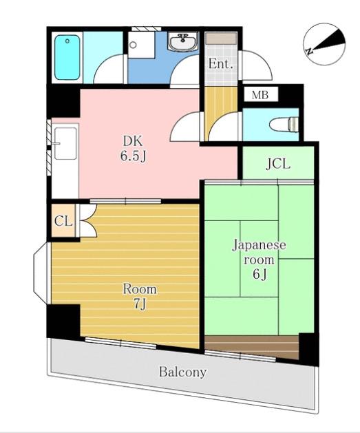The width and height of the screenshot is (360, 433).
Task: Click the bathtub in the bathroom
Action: coord(67,57)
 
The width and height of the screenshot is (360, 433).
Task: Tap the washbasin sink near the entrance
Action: coord(183,42)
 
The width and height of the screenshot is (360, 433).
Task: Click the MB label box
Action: coord(260,95)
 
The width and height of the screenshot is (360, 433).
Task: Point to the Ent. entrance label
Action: coord(220,64)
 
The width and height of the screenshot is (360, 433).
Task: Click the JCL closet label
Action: coord(278,165)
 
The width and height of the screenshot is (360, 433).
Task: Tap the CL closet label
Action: coord(63,221)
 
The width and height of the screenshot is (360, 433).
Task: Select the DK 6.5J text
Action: coord(133,149)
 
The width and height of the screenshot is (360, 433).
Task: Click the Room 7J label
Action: coord(140,296)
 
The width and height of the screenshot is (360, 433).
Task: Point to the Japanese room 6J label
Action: coord(259,260)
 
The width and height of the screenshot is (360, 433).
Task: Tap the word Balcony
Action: coord(183,372)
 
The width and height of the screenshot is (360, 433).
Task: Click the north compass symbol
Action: coord(324,44)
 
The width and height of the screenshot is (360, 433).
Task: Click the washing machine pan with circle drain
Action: coord(141,45)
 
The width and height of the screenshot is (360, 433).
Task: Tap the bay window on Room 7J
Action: coord(41,273)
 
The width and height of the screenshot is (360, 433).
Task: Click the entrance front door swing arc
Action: coord(257,65)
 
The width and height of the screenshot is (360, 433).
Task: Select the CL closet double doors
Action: coord(87,220)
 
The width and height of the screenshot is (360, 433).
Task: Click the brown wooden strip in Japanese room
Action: coord(251,346)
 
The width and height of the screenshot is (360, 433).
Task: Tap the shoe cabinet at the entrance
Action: coord(221,39)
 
